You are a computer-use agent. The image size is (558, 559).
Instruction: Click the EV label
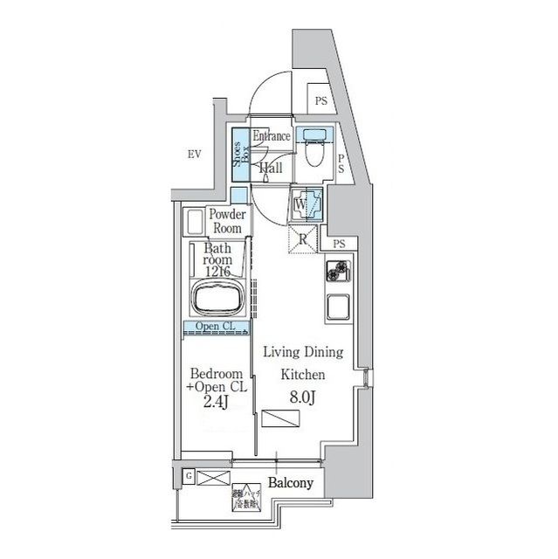pos(194,155)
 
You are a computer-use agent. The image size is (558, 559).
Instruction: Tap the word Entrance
pos(272,137)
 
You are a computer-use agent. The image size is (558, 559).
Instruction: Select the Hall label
pos(270,167)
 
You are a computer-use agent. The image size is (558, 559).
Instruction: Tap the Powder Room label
pos(226,221)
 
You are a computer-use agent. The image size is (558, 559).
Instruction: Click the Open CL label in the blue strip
pos(215,328)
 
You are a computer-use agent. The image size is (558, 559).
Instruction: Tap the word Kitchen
pos(302,374)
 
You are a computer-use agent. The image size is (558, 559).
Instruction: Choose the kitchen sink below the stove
pos(336,307)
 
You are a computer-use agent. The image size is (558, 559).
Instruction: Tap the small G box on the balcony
pos(189,476)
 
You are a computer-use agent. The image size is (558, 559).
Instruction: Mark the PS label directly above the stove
pos(338,244)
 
